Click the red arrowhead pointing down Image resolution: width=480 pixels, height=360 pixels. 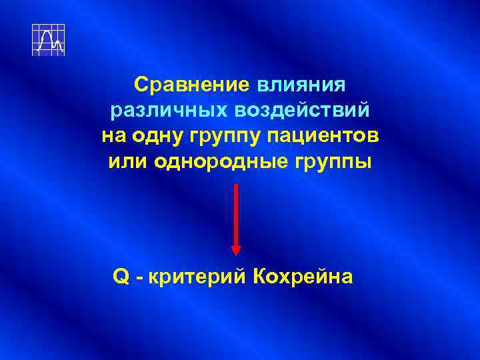(236, 248)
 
